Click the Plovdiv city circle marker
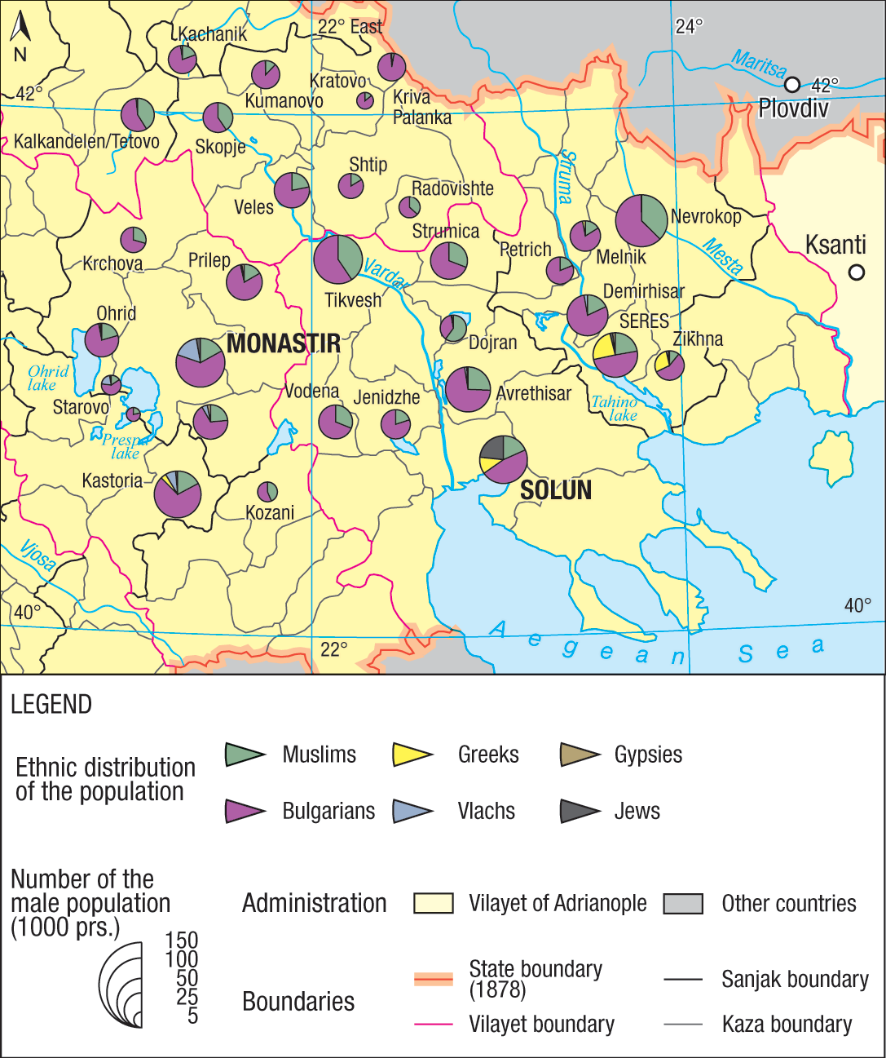pyautogui.click(x=791, y=85)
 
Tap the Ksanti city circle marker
pyautogui.click(x=856, y=272)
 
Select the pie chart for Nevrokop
pyautogui.click(x=641, y=220)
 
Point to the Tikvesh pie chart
pyautogui.click(x=337, y=259)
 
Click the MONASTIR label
pyautogui.click(x=283, y=343)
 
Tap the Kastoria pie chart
pyautogui.click(x=178, y=494)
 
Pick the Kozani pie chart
pyautogui.click(x=267, y=492)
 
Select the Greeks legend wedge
pyautogui.click(x=412, y=755)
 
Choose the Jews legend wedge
pyautogui.click(x=580, y=812)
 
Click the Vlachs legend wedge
pyautogui.click(x=412, y=812)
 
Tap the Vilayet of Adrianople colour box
pyautogui.click(x=433, y=903)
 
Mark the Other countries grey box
pyautogui.click(x=683, y=903)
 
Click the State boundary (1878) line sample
pyautogui.click(x=433, y=979)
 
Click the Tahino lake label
pyautogui.click(x=615, y=408)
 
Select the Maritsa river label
pyautogui.click(x=759, y=64)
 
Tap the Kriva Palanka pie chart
pyautogui.click(x=391, y=67)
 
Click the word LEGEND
pyautogui.click(x=51, y=705)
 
